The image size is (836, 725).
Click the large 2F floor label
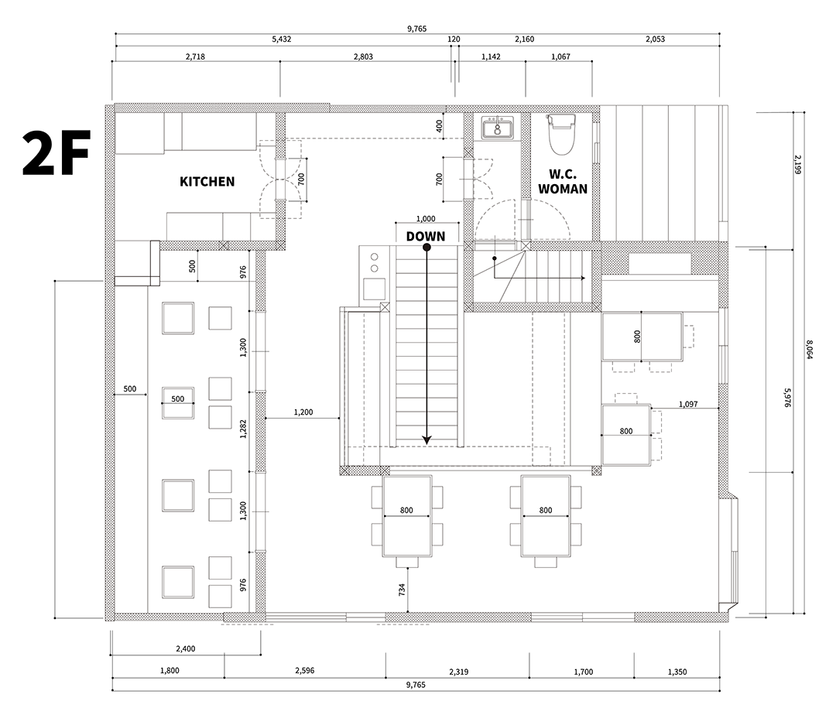(57, 152)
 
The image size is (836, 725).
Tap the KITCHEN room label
(207, 182)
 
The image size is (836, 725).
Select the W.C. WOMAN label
(563, 181)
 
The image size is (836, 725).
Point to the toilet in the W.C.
(561, 133)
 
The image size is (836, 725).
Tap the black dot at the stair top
(427, 248)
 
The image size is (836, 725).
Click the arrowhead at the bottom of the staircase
(427, 439)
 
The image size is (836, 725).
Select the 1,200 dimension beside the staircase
(303, 412)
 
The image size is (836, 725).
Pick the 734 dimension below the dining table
(402, 590)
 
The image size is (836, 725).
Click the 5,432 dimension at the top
(282, 39)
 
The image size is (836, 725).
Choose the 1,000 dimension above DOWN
(426, 219)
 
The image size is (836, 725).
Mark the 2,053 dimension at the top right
(654, 39)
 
